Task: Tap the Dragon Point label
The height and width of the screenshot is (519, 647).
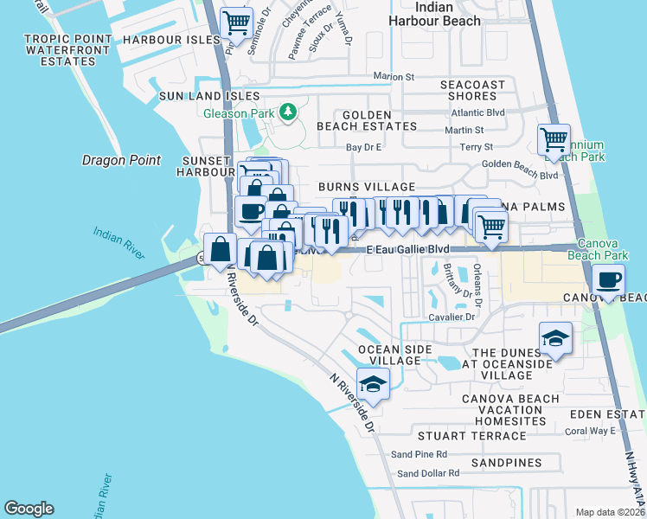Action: (121, 160)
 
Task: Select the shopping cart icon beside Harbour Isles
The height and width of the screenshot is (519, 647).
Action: (236, 23)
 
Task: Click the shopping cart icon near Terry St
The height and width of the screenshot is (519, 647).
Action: (553, 139)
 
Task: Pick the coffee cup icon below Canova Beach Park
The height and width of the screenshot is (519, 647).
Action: (609, 282)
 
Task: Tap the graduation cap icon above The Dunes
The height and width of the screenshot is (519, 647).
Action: (554, 338)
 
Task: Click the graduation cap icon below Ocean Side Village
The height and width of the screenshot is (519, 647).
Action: (373, 384)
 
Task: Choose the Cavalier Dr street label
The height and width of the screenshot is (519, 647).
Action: (452, 317)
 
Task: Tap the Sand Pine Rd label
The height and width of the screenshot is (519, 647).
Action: (419, 453)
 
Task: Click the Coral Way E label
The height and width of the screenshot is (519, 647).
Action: (589, 431)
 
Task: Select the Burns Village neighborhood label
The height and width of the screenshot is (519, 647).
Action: (367, 187)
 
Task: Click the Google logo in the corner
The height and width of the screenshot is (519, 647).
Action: (29, 509)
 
